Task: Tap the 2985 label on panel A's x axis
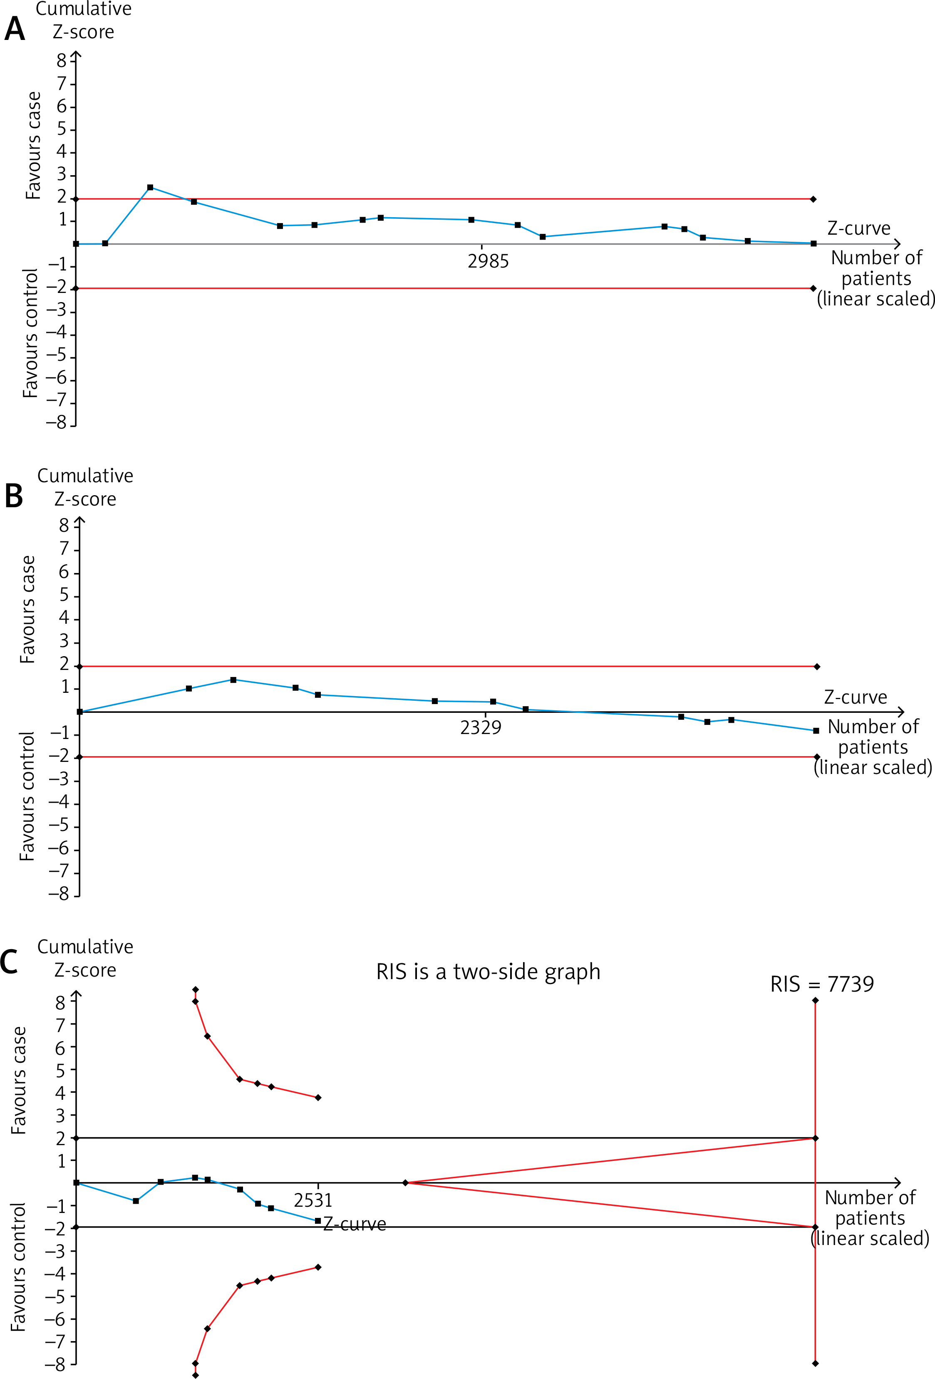click(488, 261)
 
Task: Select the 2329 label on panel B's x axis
click(481, 727)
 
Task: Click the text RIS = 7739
click(822, 985)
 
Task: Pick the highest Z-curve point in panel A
click(150, 188)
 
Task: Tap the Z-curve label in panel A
click(858, 228)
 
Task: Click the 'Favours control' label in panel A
click(30, 333)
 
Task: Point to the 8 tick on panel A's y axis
click(62, 60)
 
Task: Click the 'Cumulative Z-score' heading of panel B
click(85, 487)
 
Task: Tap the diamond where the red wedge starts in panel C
click(406, 1183)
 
